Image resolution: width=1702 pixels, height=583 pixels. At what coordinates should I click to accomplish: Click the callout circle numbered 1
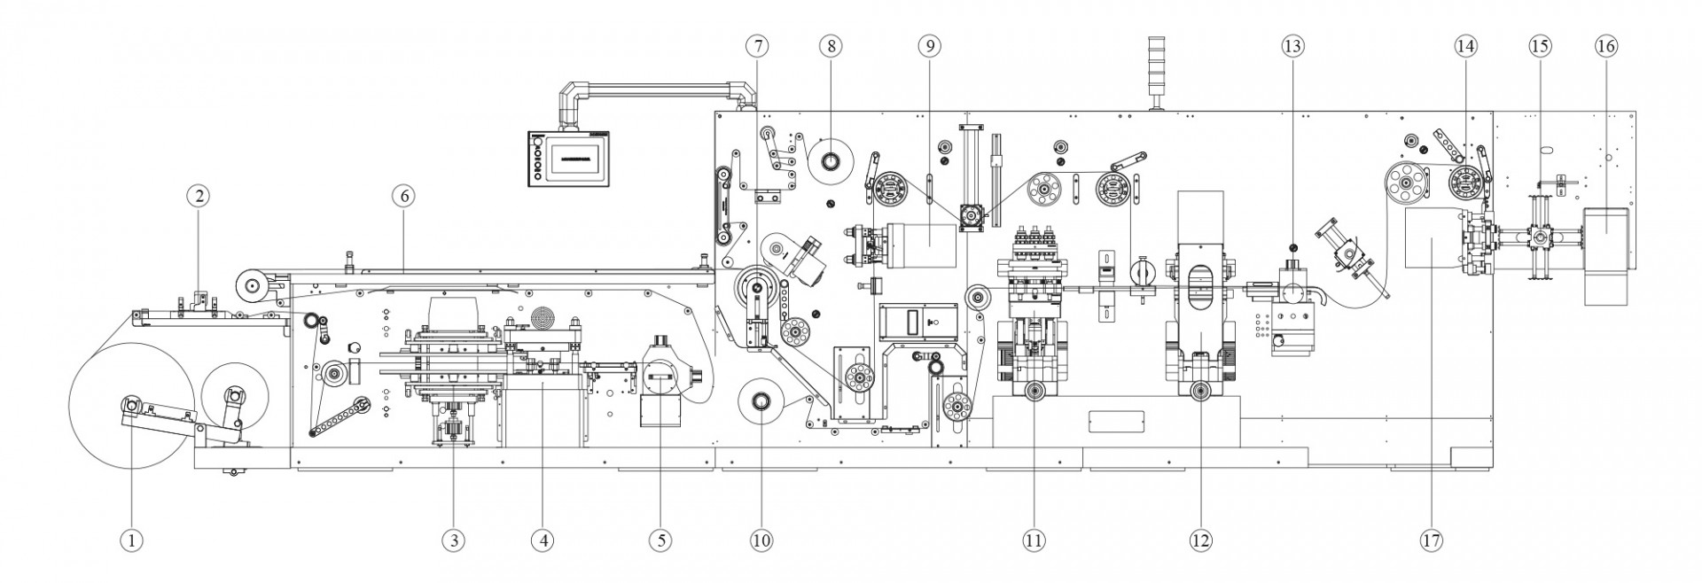click(131, 540)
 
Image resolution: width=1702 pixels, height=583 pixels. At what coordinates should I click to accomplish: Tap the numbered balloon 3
click(453, 540)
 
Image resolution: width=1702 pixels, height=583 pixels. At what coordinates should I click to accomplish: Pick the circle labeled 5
click(659, 540)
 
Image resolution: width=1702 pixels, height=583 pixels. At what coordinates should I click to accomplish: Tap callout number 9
click(928, 45)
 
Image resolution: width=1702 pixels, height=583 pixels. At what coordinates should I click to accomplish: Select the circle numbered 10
click(761, 540)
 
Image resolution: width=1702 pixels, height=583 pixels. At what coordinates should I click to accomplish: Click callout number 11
click(1033, 540)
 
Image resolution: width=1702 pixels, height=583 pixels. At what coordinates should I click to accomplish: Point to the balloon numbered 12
click(1200, 540)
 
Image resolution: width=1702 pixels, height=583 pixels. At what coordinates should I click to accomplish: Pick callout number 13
click(1292, 45)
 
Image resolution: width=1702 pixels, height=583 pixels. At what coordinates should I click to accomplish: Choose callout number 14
click(1466, 45)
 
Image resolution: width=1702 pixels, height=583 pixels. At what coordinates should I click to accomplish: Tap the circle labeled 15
click(1541, 45)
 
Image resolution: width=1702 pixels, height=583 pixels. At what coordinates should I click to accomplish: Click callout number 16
click(1605, 45)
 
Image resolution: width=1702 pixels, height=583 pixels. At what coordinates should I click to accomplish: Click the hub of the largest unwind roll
click(131, 406)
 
